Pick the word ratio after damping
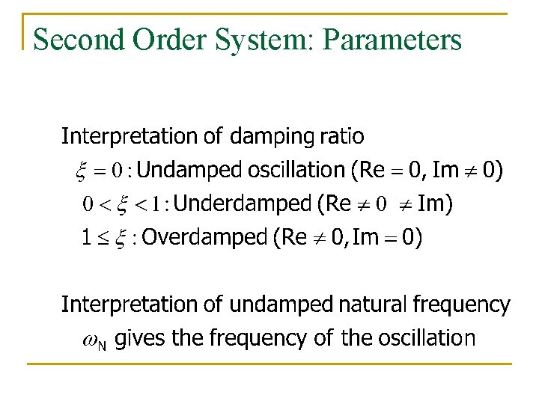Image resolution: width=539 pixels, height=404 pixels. (341, 136)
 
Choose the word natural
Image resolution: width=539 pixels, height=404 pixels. (371, 304)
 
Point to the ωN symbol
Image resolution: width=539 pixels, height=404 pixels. (93, 341)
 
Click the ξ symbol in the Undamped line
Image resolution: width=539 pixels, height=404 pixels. (82, 172)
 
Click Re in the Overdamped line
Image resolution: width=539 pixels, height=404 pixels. (292, 238)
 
